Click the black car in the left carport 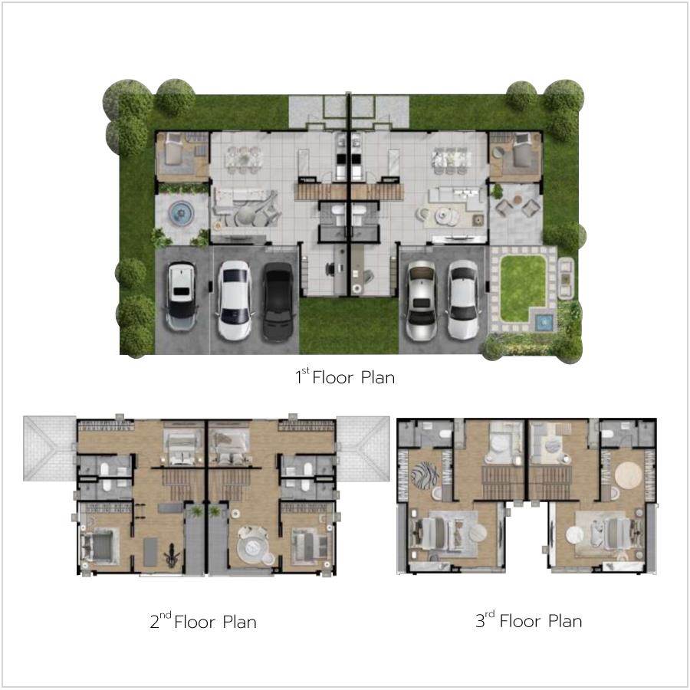(x=278, y=301)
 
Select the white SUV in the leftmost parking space (x=181, y=296)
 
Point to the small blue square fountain (x=544, y=323)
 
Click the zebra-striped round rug (x=424, y=475)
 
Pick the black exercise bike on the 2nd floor (x=172, y=556)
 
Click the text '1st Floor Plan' (x=346, y=377)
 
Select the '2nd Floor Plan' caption (x=203, y=621)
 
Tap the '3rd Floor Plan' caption (x=529, y=620)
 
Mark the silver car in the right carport (x=421, y=301)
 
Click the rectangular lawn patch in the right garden (x=522, y=287)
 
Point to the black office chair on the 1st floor (x=330, y=268)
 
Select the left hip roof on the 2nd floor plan (x=50, y=448)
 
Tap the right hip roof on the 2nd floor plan (x=363, y=449)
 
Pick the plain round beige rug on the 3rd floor (x=629, y=475)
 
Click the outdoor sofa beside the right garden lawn (x=566, y=278)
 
